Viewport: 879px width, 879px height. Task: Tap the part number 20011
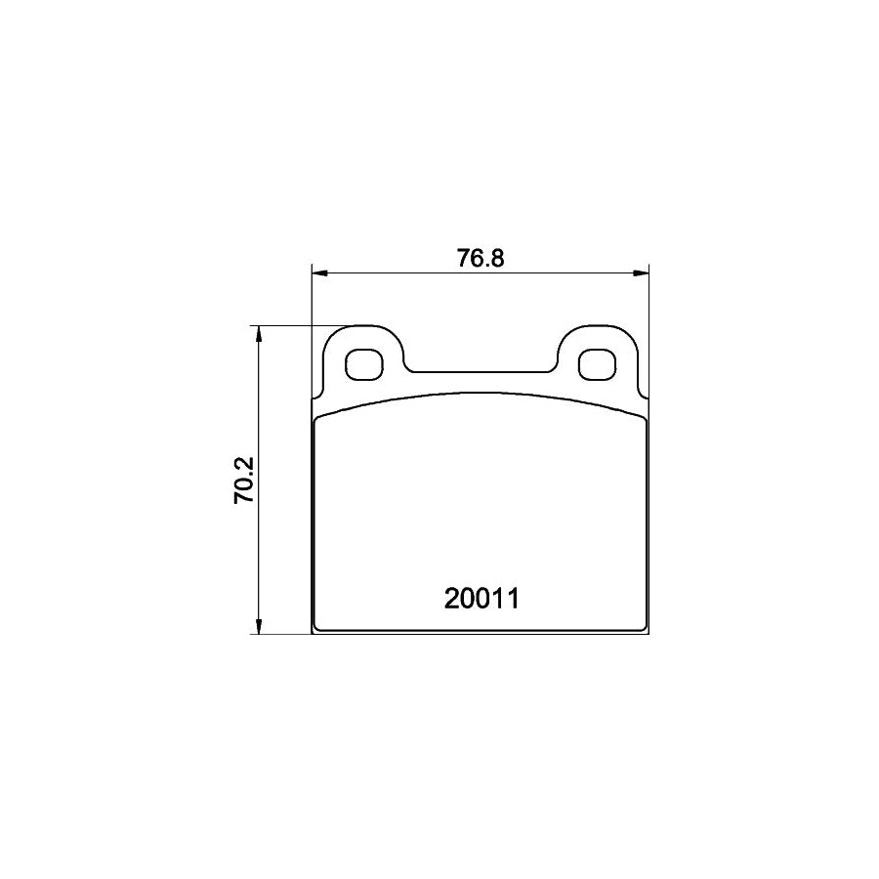[x=480, y=598]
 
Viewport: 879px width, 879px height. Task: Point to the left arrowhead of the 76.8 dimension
[x=316, y=272]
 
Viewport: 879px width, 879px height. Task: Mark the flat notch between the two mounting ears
[x=480, y=371]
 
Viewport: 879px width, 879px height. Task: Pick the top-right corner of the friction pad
[x=645, y=418]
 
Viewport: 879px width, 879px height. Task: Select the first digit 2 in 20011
[x=451, y=598]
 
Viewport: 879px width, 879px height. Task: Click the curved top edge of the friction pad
[x=480, y=395]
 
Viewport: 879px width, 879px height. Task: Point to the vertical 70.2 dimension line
[x=259, y=527]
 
